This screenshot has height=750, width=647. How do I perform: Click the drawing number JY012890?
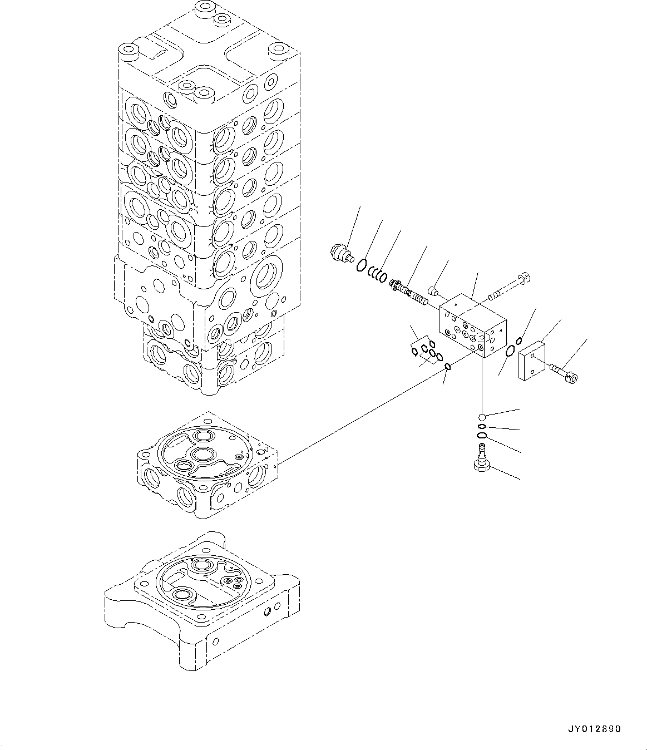pos(595,729)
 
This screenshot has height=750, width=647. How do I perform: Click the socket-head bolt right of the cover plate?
pos(563,373)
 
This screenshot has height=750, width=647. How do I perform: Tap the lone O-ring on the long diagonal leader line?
pos(448,366)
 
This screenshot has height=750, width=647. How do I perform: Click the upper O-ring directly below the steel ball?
pos(482,427)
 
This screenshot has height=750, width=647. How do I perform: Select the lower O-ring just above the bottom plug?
pos(482,435)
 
